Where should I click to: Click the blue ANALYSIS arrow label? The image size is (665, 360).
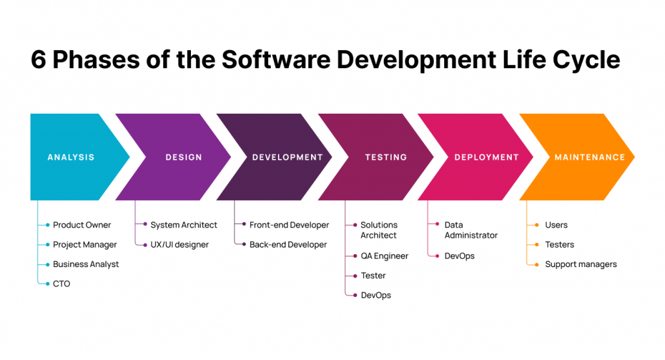click(x=71, y=157)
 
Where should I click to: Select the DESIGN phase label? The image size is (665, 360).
click(x=184, y=157)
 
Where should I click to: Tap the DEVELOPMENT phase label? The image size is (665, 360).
click(x=288, y=157)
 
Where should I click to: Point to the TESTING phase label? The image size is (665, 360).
click(x=386, y=157)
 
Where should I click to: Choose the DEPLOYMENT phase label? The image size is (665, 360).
click(x=486, y=157)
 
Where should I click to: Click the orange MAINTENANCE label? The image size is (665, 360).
click(x=590, y=157)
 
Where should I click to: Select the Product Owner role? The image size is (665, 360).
click(x=82, y=225)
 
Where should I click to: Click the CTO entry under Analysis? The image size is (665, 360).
click(x=62, y=284)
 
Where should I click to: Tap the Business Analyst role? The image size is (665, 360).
click(x=86, y=264)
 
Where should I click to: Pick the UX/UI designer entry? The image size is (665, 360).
click(x=179, y=245)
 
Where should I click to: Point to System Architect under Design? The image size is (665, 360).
click(x=184, y=225)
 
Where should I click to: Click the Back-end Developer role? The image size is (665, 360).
click(x=288, y=245)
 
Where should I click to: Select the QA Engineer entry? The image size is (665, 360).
click(x=384, y=256)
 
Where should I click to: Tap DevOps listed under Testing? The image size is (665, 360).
click(x=376, y=296)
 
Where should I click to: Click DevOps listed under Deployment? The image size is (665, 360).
click(x=459, y=256)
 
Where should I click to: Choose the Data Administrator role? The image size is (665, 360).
click(x=471, y=230)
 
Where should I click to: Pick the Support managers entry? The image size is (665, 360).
click(x=581, y=264)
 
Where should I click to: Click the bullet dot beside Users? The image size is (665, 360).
click(x=537, y=225)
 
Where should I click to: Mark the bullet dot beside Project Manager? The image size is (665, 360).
click(x=47, y=245)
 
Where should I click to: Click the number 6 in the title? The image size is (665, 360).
click(x=38, y=60)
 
